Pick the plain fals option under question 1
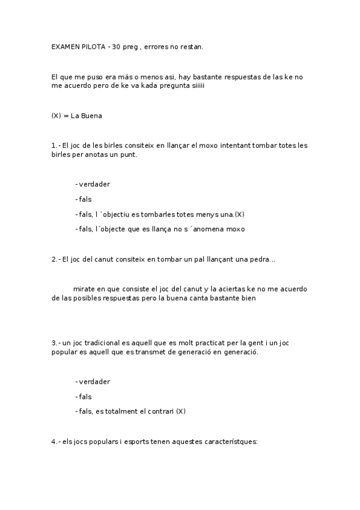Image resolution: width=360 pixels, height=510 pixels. pyautogui.click(x=85, y=199)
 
